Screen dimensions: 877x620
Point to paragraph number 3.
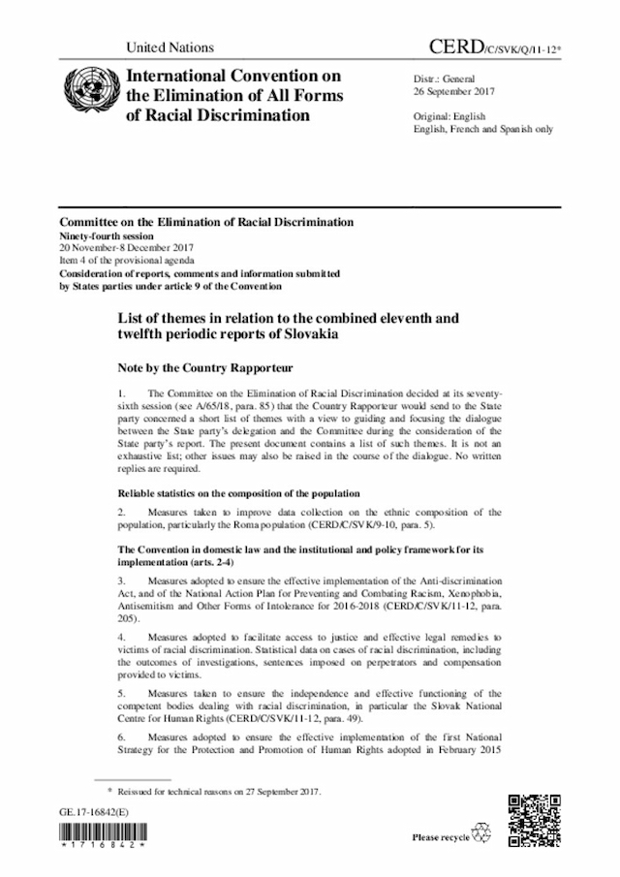pos(121,579)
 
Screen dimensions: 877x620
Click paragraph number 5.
pos(121,693)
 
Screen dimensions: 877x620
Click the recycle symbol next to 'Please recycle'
pos(480,834)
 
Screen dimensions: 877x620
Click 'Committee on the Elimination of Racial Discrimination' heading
pos(205,222)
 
